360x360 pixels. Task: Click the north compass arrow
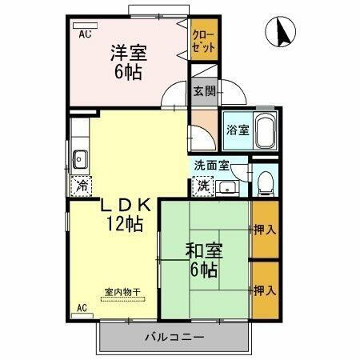click(x=281, y=33)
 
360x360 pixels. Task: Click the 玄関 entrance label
click(x=203, y=90)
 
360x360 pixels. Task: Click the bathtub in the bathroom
click(x=266, y=130)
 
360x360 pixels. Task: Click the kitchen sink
click(x=81, y=158)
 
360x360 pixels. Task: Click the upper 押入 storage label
click(x=265, y=230)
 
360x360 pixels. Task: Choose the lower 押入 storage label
click(x=265, y=289)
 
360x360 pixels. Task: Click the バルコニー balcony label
click(x=174, y=336)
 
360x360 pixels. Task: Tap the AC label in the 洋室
click(x=85, y=36)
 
